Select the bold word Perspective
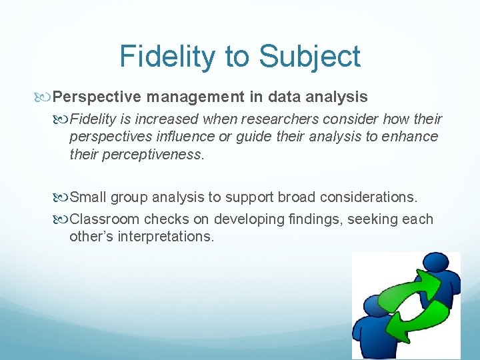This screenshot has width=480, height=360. pyautogui.click(x=97, y=97)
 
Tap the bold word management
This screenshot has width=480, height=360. pyautogui.click(x=196, y=97)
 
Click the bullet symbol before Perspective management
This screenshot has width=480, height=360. pyautogui.click(x=45, y=97)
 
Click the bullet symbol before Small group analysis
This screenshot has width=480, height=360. pyautogui.click(x=62, y=197)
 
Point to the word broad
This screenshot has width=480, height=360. pyautogui.click(x=300, y=197)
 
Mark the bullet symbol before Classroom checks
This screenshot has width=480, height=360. pyautogui.click(x=62, y=219)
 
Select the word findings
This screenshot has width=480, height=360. pyautogui.click(x=309, y=219)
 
